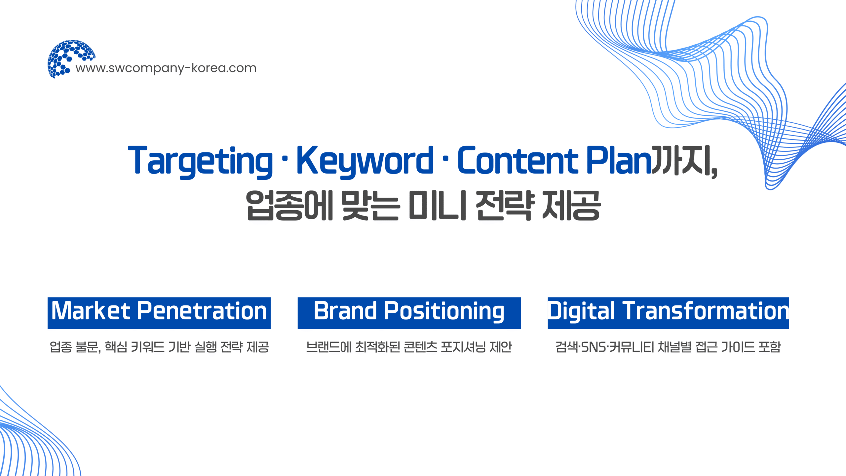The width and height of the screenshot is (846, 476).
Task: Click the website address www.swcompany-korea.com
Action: (x=166, y=68)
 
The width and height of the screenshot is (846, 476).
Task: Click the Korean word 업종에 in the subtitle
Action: (x=289, y=205)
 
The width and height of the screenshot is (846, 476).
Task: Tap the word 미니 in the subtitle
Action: (x=437, y=205)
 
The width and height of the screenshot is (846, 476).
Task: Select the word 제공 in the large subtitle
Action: (x=571, y=205)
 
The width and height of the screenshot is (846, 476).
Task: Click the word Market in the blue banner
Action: (x=91, y=311)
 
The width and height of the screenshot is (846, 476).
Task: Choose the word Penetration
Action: (x=202, y=311)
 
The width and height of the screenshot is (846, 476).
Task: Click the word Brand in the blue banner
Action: (x=345, y=311)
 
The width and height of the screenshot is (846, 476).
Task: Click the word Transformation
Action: (x=706, y=311)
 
